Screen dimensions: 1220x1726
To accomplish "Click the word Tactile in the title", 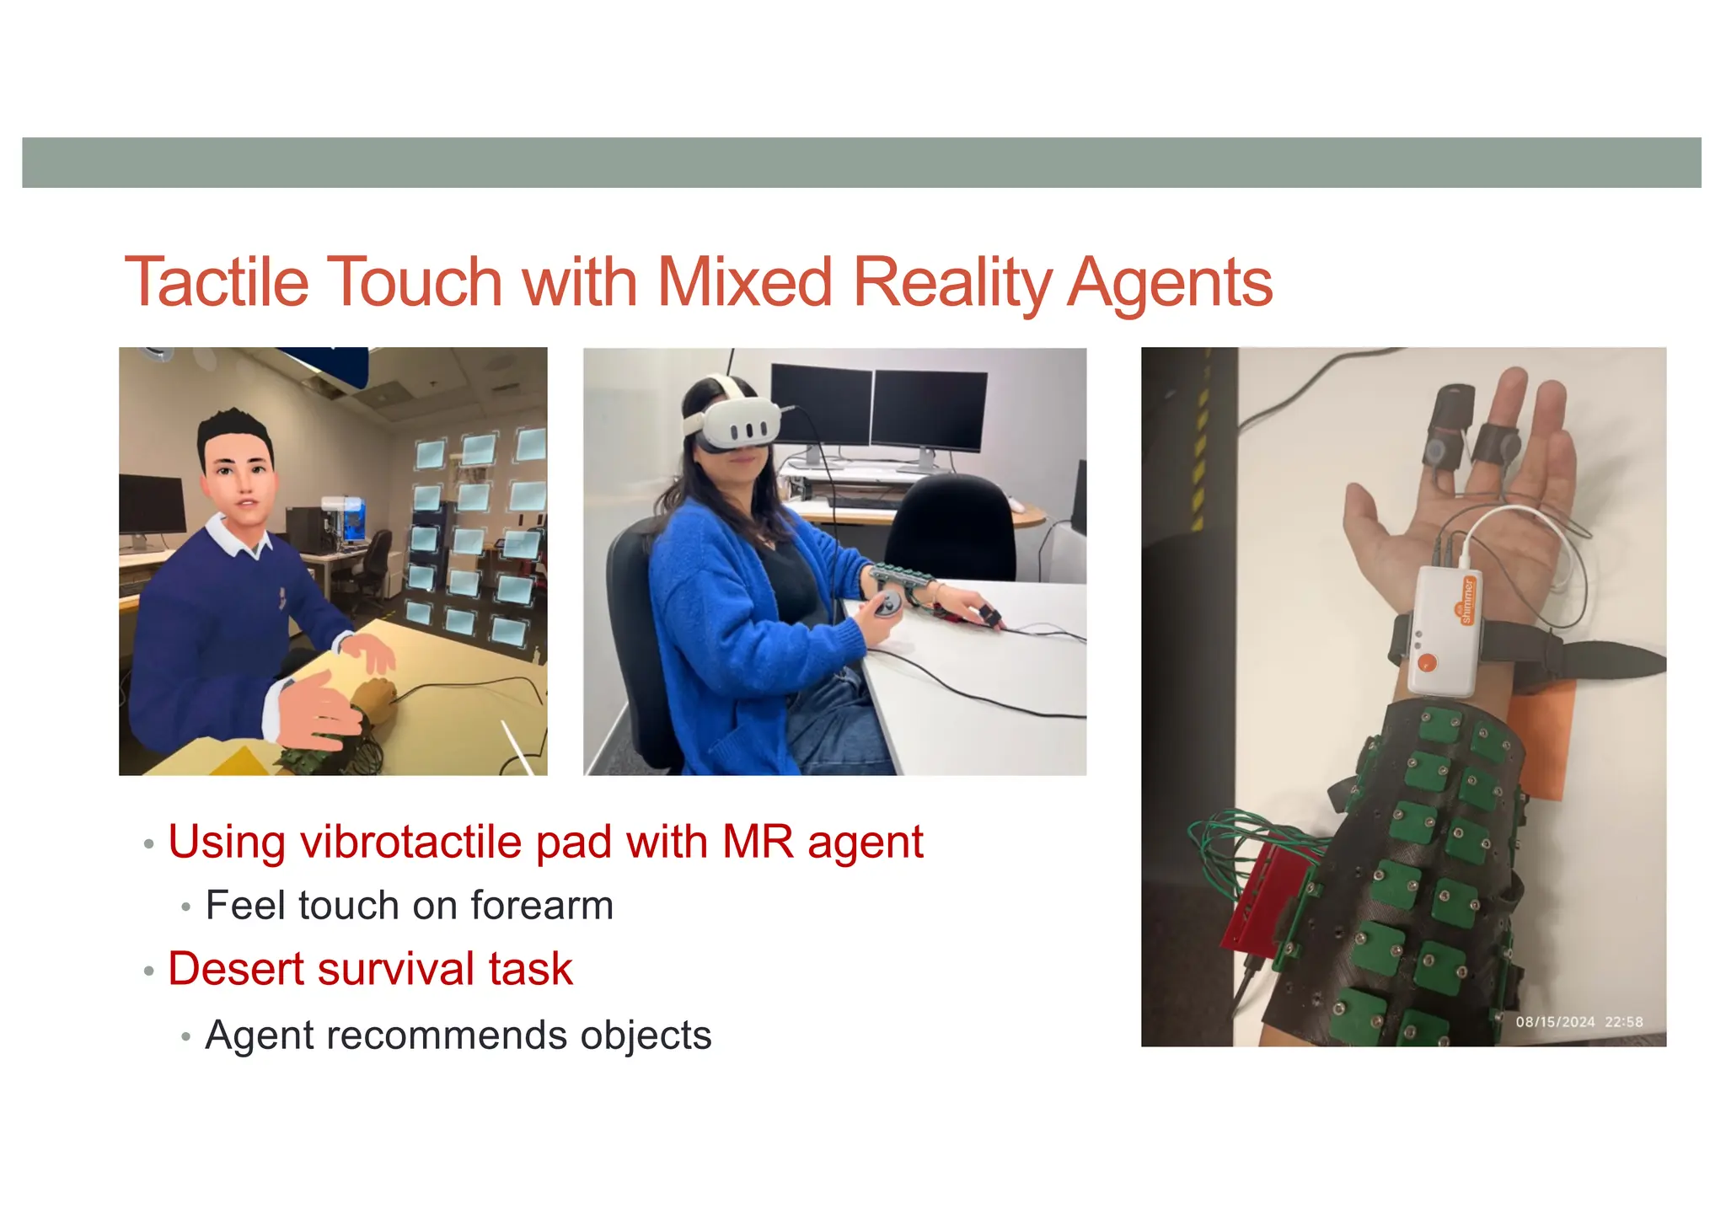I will coord(217,282).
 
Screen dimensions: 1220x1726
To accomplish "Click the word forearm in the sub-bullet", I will coord(542,906).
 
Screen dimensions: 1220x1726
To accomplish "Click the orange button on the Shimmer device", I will coord(1427,662).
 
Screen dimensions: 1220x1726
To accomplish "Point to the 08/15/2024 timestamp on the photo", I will coord(1555,1022).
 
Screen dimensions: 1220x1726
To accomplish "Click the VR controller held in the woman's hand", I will coord(887,605).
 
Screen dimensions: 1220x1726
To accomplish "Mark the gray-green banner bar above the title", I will coord(861,163).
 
